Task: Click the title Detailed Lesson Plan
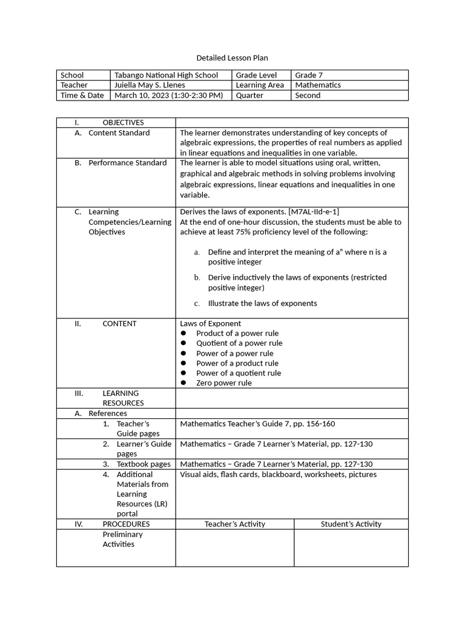(232, 58)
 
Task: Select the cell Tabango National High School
(167, 75)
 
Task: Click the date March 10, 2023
(142, 95)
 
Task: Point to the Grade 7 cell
(309, 75)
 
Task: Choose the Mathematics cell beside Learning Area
(318, 85)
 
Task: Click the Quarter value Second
(308, 95)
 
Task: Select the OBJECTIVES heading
(123, 122)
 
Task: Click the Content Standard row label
(119, 133)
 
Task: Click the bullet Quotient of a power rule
(239, 343)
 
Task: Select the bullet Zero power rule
(223, 383)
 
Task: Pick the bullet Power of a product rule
(237, 363)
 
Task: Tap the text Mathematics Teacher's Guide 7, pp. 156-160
(257, 424)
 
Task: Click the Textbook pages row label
(143, 464)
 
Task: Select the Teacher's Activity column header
(235, 524)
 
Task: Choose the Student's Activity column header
(351, 524)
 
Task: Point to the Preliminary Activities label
(122, 539)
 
